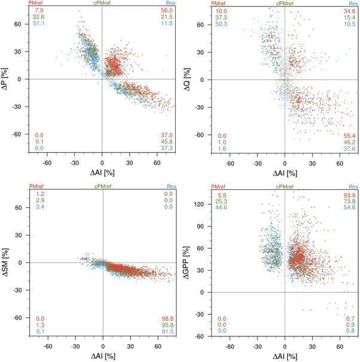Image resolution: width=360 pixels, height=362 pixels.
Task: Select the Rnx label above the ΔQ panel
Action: point(351,4)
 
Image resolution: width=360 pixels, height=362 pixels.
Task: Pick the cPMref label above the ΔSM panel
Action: point(103,187)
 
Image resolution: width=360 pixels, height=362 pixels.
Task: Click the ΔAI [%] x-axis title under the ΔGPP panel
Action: point(284,357)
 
